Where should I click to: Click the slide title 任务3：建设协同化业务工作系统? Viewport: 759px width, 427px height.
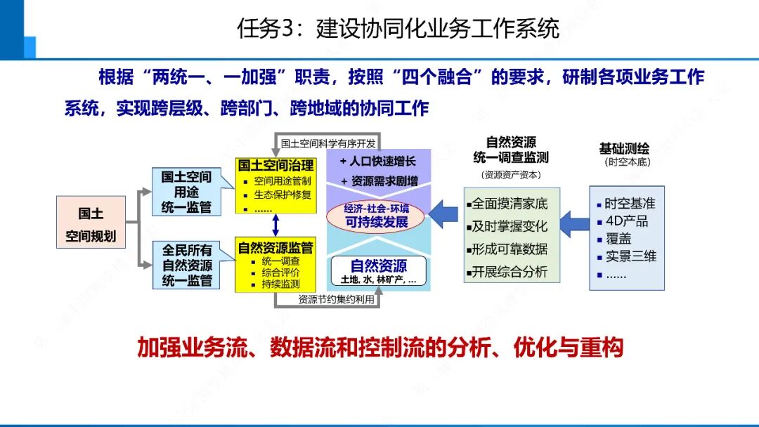[398, 29]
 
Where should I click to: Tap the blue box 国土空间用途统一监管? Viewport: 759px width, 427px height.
[187, 192]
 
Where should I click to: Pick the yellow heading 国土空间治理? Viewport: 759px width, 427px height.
[275, 165]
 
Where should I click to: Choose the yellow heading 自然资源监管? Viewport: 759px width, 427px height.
[275, 247]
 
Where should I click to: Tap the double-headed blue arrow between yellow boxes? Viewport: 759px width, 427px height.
[275, 224]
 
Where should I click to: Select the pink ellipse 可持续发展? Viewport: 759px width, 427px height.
[376, 216]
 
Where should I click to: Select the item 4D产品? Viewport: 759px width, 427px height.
[627, 221]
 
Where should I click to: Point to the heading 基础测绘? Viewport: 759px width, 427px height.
[624, 149]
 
